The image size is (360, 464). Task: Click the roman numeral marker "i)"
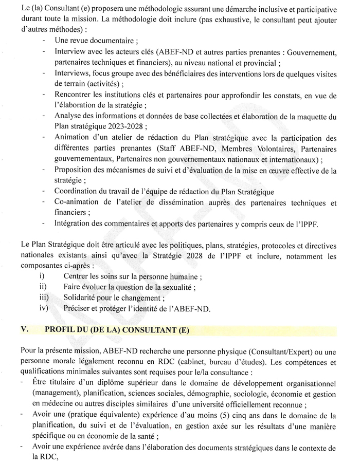pos(42,276)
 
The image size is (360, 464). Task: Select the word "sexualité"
pos(174,287)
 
